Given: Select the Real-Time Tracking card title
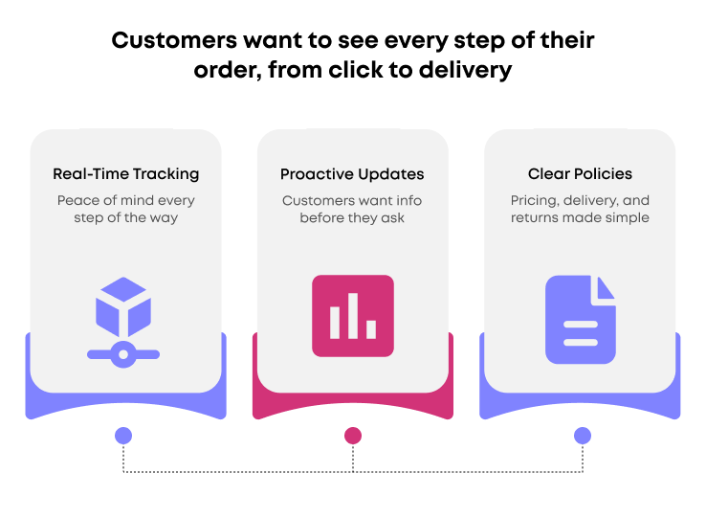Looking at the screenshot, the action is click(125, 174).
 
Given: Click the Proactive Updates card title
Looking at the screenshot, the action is click(352, 174).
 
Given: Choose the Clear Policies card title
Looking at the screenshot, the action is click(580, 174).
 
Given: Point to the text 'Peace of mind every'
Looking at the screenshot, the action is click(125, 200).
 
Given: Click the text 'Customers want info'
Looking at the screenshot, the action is click(352, 200).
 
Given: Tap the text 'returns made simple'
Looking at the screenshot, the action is click(580, 217).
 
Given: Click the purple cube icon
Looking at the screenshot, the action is click(123, 305).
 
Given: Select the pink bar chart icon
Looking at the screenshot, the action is click(352, 316).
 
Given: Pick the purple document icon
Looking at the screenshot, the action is click(580, 320).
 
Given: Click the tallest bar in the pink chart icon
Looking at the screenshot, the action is click(353, 315).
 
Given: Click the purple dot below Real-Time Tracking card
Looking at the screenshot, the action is click(123, 436).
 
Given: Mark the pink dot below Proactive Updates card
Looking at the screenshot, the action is click(353, 436).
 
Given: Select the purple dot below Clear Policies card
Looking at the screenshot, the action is click(582, 436).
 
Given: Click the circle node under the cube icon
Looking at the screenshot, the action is click(123, 354).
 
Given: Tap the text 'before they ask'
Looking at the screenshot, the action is click(352, 217).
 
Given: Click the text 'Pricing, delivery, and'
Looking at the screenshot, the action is click(580, 200).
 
